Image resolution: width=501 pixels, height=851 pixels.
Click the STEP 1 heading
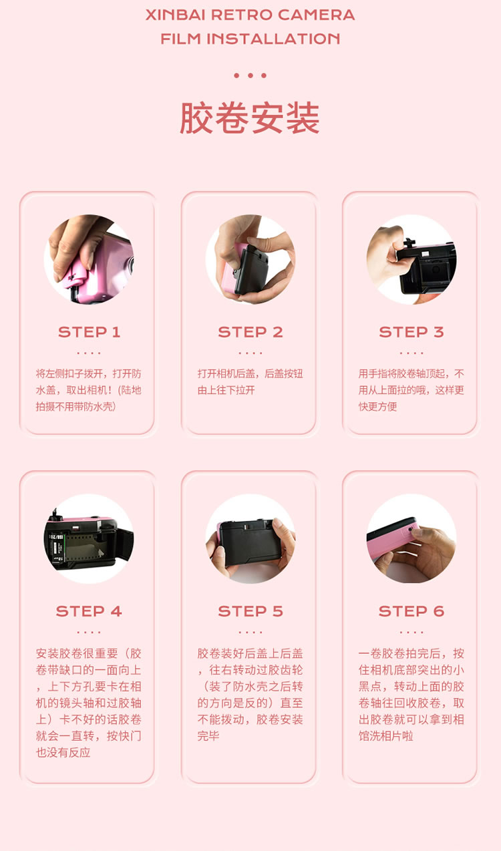click(90, 332)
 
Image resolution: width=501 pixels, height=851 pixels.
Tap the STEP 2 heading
click(251, 332)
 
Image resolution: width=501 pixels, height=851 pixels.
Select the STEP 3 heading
click(411, 332)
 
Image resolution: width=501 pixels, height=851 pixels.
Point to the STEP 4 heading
click(89, 611)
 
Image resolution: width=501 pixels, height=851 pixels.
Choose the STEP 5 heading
click(251, 611)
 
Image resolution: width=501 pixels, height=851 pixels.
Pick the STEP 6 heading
click(411, 611)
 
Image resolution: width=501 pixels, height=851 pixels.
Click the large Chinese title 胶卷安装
click(250, 118)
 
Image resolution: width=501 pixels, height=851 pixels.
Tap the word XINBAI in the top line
click(175, 15)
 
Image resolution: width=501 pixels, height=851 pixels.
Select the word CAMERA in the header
click(317, 15)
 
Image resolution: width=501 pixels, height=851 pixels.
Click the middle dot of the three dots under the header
click(251, 75)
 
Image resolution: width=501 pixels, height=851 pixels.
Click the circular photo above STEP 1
click(89, 259)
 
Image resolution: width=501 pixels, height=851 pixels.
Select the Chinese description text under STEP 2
click(251, 382)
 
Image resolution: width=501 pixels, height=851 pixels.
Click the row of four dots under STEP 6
click(411, 632)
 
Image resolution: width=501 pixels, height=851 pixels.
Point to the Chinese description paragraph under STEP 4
click(89, 703)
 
